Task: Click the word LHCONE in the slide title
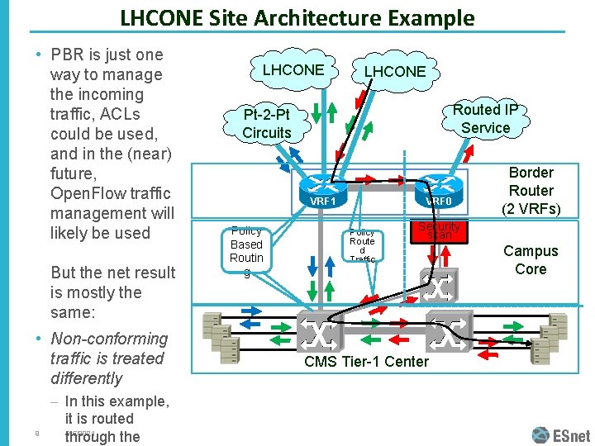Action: [159, 18]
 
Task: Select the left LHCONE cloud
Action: [293, 70]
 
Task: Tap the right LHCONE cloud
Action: [395, 72]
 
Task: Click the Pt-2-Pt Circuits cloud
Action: [267, 124]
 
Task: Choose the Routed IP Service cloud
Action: [485, 118]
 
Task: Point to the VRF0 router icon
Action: [439, 189]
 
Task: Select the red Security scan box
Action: [439, 230]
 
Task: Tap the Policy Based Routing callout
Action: [246, 245]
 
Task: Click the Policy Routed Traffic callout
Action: [362, 244]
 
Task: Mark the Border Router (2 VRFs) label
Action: [531, 190]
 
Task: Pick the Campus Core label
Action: [531, 259]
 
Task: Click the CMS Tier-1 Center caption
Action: [366, 362]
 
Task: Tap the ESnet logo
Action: [564, 434]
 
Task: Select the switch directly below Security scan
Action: [438, 288]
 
